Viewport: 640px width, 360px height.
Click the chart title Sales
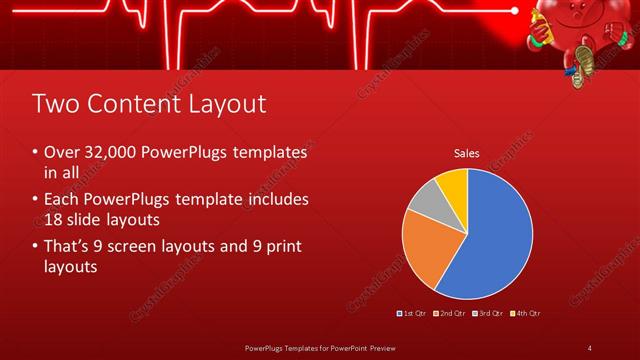[x=467, y=154]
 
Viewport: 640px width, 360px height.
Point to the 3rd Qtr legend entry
[x=490, y=313]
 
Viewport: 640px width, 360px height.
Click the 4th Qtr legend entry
[x=526, y=313]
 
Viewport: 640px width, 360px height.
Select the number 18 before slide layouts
[x=54, y=217]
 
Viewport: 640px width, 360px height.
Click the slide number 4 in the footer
[x=589, y=347]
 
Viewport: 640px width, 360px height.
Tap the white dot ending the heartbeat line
[x=515, y=11]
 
